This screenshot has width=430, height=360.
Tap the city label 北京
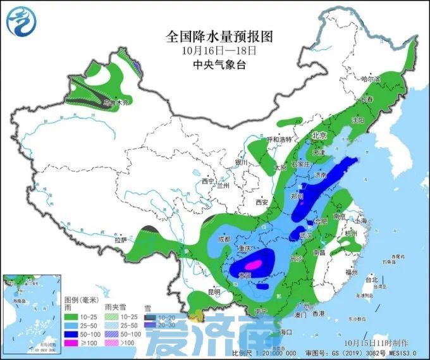318,135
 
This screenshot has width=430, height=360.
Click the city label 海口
285,332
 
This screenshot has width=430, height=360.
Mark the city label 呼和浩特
281,139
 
